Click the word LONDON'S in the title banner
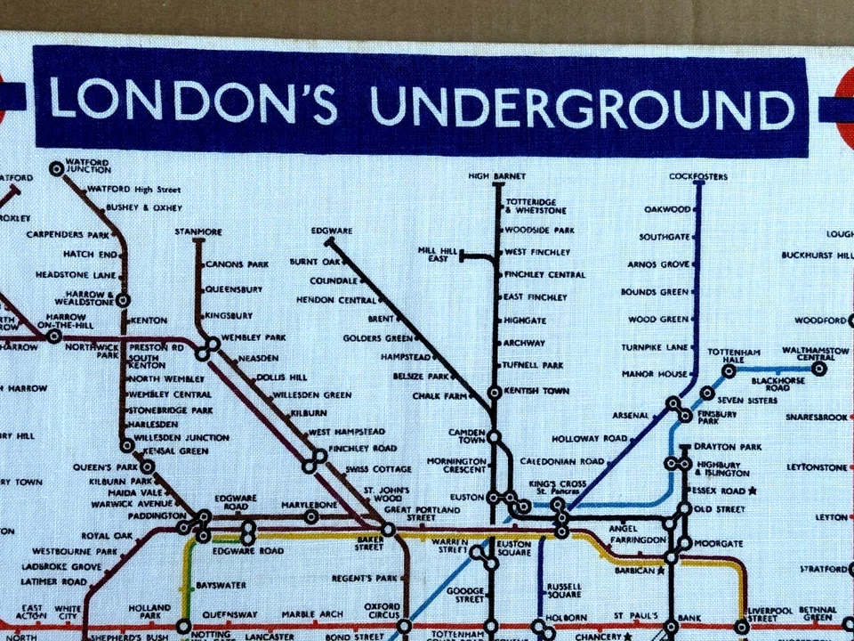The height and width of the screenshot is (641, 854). point(193,103)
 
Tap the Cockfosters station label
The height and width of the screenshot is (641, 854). point(698,176)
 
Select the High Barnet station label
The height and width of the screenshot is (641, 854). point(497,176)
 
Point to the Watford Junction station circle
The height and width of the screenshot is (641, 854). point(57,166)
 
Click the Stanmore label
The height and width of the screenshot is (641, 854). point(198,231)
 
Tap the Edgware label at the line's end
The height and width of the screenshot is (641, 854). point(332,231)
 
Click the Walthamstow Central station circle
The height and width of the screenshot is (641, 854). point(818,368)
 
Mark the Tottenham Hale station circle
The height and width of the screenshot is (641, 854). point(729,370)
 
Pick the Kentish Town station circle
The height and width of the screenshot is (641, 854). point(495,392)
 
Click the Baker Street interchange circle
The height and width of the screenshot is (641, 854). point(388,530)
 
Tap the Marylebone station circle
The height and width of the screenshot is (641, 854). point(311,516)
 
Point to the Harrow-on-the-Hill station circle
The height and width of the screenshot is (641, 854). point(54,337)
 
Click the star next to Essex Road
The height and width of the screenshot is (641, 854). point(752,491)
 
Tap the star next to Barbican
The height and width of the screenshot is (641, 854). point(660,571)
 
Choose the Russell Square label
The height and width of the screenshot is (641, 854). point(564,591)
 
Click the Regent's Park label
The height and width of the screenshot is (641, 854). point(364,579)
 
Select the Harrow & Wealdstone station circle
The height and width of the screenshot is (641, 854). point(123,300)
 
